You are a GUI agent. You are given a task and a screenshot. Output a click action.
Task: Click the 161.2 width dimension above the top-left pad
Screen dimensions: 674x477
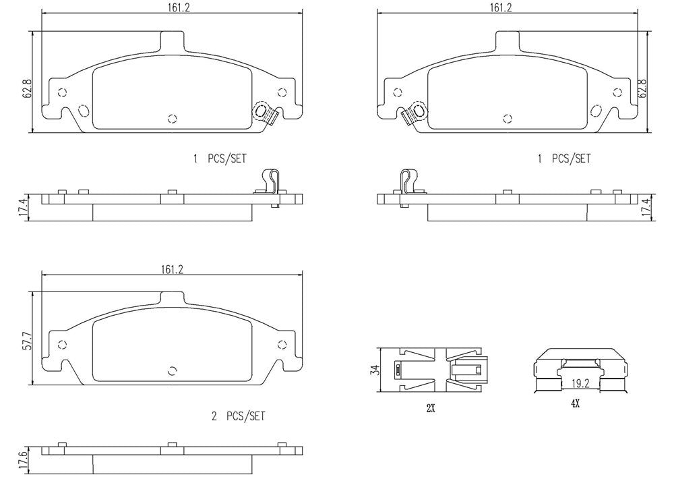click(x=173, y=8)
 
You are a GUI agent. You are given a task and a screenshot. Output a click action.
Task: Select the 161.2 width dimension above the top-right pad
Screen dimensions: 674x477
click(x=501, y=8)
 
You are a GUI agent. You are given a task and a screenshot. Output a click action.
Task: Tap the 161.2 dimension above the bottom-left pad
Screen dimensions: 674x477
click(x=173, y=270)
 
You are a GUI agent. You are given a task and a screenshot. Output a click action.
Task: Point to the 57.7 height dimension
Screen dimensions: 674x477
click(x=27, y=339)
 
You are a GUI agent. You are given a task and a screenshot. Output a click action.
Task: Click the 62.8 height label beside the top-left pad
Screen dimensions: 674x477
click(x=27, y=88)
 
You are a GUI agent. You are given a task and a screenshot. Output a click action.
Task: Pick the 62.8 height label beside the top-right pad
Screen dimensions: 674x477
click(x=642, y=88)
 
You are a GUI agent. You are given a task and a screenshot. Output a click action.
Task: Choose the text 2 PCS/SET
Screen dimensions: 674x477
click(x=238, y=416)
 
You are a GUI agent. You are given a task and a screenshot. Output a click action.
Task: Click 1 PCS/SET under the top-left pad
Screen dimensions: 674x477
click(x=220, y=159)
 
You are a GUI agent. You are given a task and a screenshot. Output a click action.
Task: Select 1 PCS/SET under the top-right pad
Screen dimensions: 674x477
click(x=563, y=159)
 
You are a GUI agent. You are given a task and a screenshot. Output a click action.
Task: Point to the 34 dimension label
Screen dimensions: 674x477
click(x=376, y=370)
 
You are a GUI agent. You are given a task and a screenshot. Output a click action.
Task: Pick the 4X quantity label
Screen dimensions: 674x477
click(x=575, y=403)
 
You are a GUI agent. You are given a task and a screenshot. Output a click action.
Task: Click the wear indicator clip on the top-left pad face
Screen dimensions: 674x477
click(x=266, y=113)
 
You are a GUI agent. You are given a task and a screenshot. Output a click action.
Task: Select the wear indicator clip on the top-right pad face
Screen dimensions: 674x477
click(x=414, y=113)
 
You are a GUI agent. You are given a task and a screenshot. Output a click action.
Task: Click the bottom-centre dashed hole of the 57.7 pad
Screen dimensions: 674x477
click(x=173, y=371)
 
